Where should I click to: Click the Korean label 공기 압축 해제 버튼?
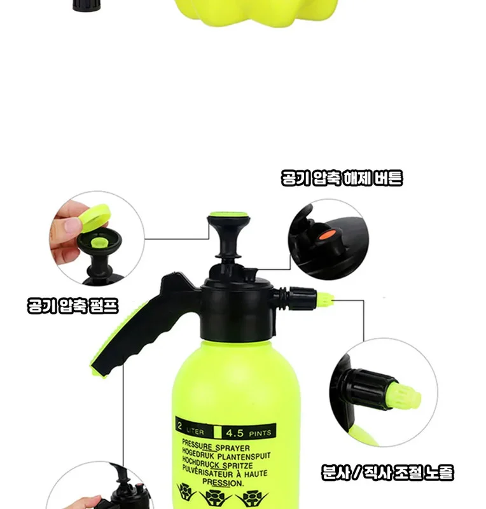coord(342,178)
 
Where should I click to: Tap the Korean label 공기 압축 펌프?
coord(73,305)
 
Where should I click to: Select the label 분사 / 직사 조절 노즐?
coord(387,472)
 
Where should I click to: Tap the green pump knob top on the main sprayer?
coord(228,214)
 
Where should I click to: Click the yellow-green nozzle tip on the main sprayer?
coord(324,300)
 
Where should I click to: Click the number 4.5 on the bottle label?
coord(235,433)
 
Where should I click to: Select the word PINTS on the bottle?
coord(260,433)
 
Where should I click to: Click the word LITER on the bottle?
coord(195,431)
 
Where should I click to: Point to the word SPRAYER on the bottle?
coord(233,448)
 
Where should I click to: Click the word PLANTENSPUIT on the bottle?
coord(244,456)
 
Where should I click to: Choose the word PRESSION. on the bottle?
coord(223,482)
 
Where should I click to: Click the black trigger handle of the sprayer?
coord(144,328)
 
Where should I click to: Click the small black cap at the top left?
coord(87,6)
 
